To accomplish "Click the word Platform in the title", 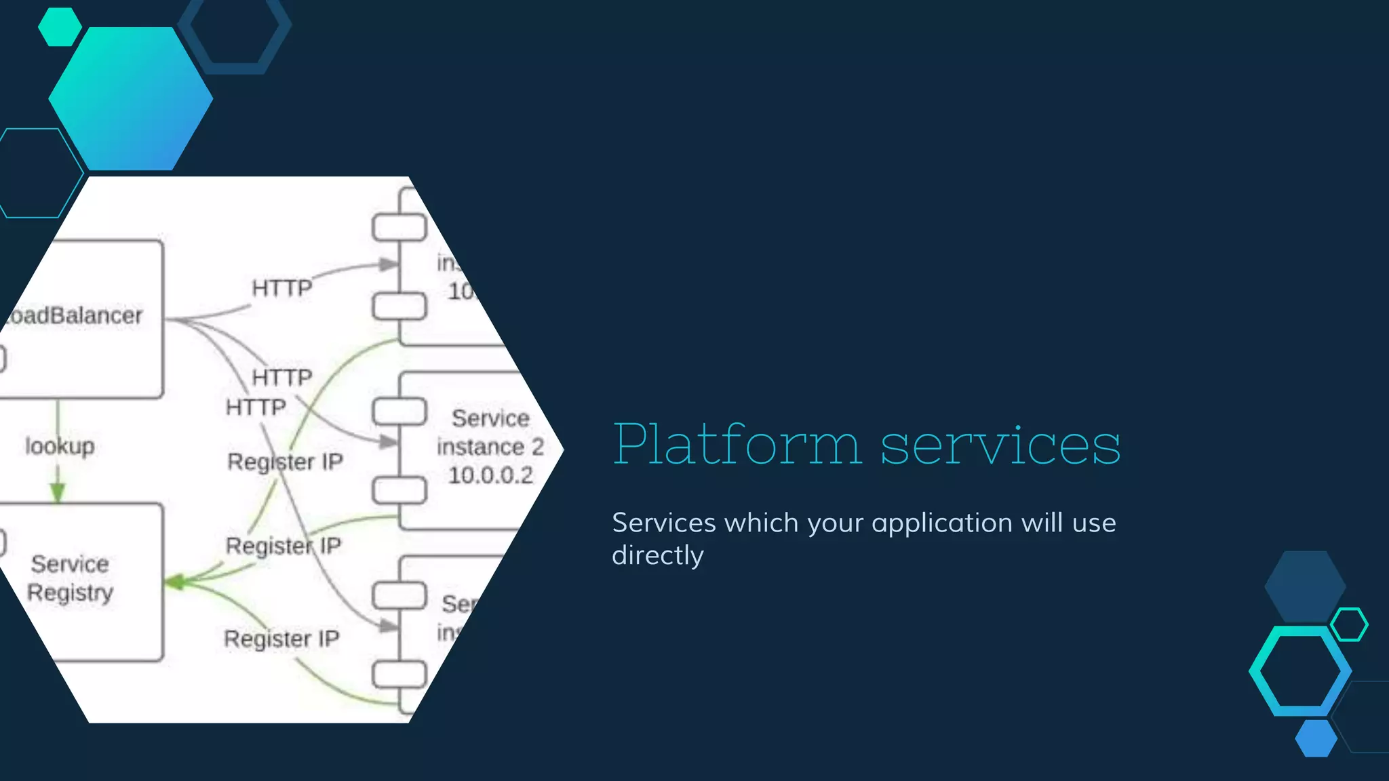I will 737,445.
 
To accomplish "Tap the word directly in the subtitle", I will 657,556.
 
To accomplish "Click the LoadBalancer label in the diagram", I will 75,315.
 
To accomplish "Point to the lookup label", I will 60,446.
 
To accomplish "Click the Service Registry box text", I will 70,578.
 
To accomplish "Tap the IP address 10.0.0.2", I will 490,475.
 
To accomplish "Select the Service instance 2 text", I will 490,433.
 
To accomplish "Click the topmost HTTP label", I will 281,288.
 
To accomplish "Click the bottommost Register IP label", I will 281,639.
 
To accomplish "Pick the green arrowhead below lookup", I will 58,493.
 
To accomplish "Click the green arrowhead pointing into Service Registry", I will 175,582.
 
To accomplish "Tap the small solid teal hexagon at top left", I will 60,27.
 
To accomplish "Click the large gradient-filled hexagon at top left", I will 131,99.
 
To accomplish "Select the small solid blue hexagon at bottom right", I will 1316,738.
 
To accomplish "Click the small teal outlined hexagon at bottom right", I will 1349,624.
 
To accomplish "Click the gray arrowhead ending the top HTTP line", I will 389,264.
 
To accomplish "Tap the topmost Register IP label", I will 285,462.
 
